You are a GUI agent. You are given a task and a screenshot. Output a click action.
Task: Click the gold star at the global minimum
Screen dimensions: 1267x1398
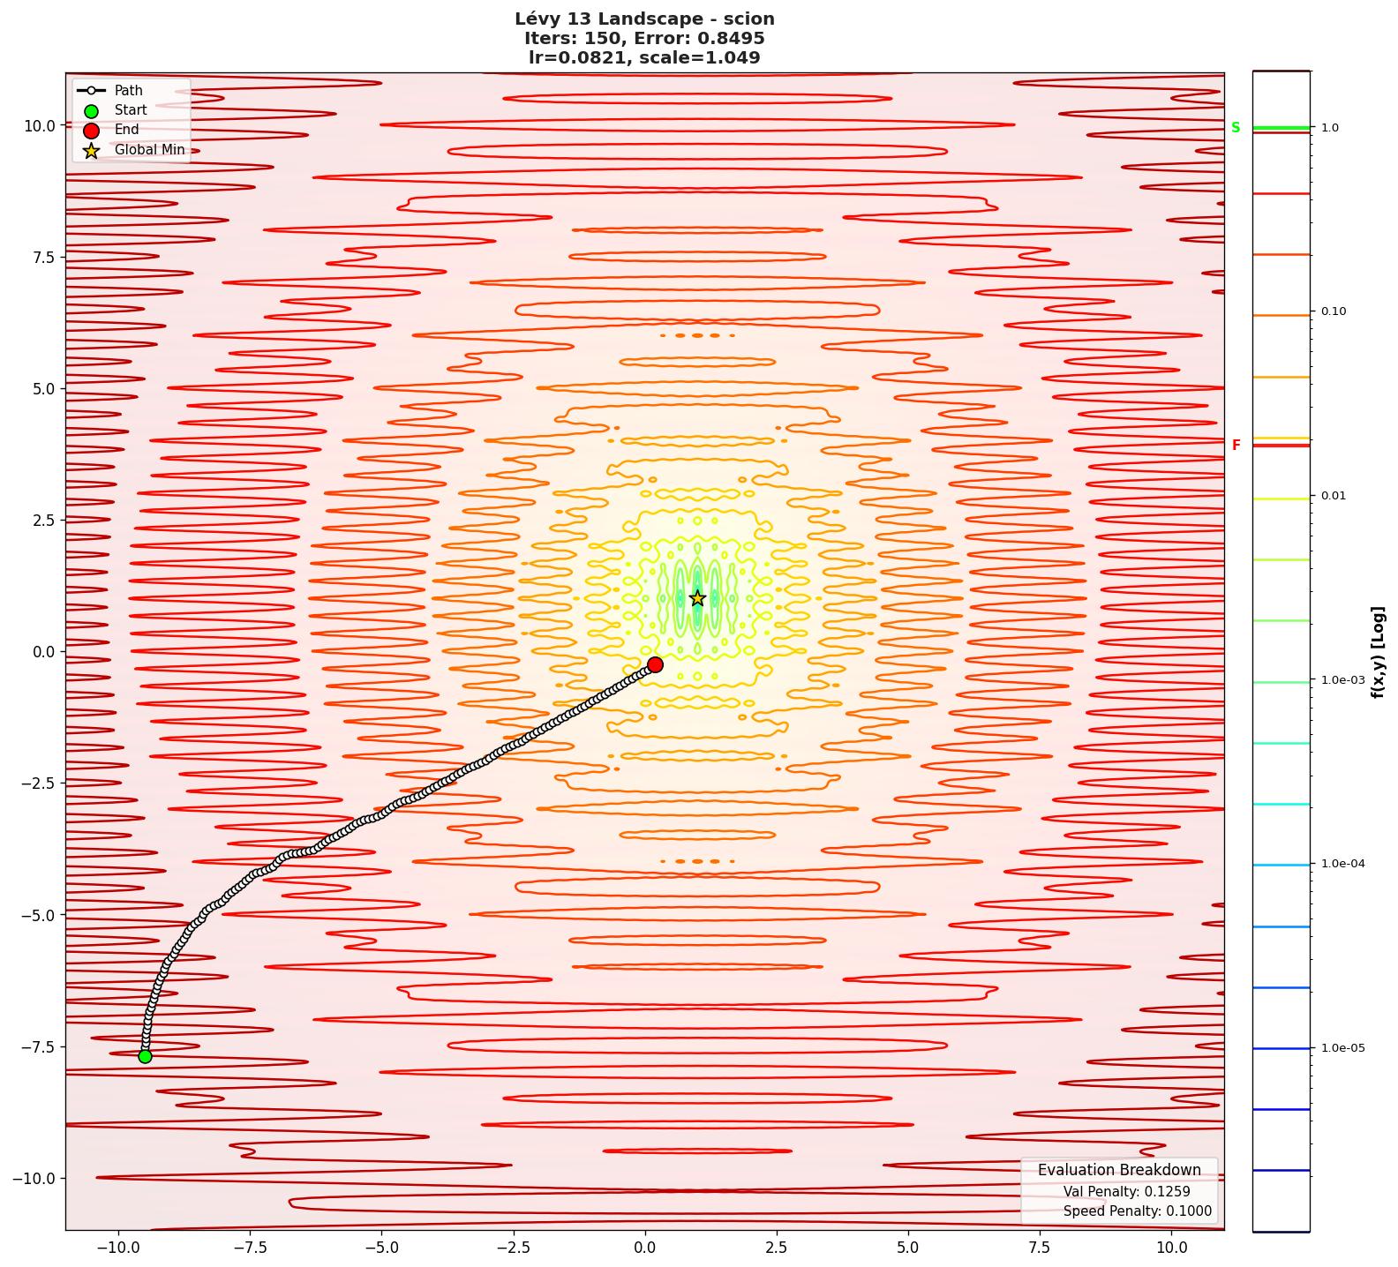click(x=697, y=598)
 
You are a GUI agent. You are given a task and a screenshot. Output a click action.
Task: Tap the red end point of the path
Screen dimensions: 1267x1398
click(x=655, y=664)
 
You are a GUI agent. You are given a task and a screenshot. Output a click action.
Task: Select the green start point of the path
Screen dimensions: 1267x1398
click(x=145, y=1056)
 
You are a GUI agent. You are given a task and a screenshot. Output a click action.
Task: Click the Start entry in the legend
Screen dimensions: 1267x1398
click(x=131, y=110)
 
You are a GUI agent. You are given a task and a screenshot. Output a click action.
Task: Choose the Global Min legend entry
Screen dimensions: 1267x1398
click(x=149, y=150)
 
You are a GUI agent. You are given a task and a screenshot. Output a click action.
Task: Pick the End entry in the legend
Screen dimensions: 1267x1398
click(x=126, y=130)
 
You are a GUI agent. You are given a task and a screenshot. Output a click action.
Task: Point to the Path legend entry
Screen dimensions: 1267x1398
click(x=128, y=91)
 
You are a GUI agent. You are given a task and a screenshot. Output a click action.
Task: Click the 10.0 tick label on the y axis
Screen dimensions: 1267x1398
click(x=39, y=125)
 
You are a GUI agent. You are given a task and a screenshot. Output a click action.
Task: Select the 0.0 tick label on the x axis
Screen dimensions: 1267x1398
click(x=645, y=1248)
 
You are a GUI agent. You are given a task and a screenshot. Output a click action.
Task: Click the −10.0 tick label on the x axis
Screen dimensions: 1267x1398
click(x=118, y=1248)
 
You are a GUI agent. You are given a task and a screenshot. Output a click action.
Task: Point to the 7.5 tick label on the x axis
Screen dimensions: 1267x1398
click(x=1040, y=1248)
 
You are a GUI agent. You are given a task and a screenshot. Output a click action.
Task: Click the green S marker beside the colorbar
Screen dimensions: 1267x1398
click(x=1236, y=128)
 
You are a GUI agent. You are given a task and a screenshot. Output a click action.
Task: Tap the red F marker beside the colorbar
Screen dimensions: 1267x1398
click(x=1236, y=446)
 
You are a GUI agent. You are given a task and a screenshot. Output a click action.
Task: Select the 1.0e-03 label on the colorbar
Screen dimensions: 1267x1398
click(x=1342, y=680)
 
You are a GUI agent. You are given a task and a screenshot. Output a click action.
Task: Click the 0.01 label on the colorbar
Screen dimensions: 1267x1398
click(x=1334, y=496)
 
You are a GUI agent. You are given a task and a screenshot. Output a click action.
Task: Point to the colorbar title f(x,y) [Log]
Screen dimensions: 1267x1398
click(x=1378, y=652)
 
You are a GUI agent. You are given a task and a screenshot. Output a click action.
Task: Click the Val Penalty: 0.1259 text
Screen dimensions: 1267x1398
click(x=1126, y=1192)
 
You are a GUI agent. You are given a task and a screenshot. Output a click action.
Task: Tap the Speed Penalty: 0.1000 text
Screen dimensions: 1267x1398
click(x=1137, y=1211)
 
